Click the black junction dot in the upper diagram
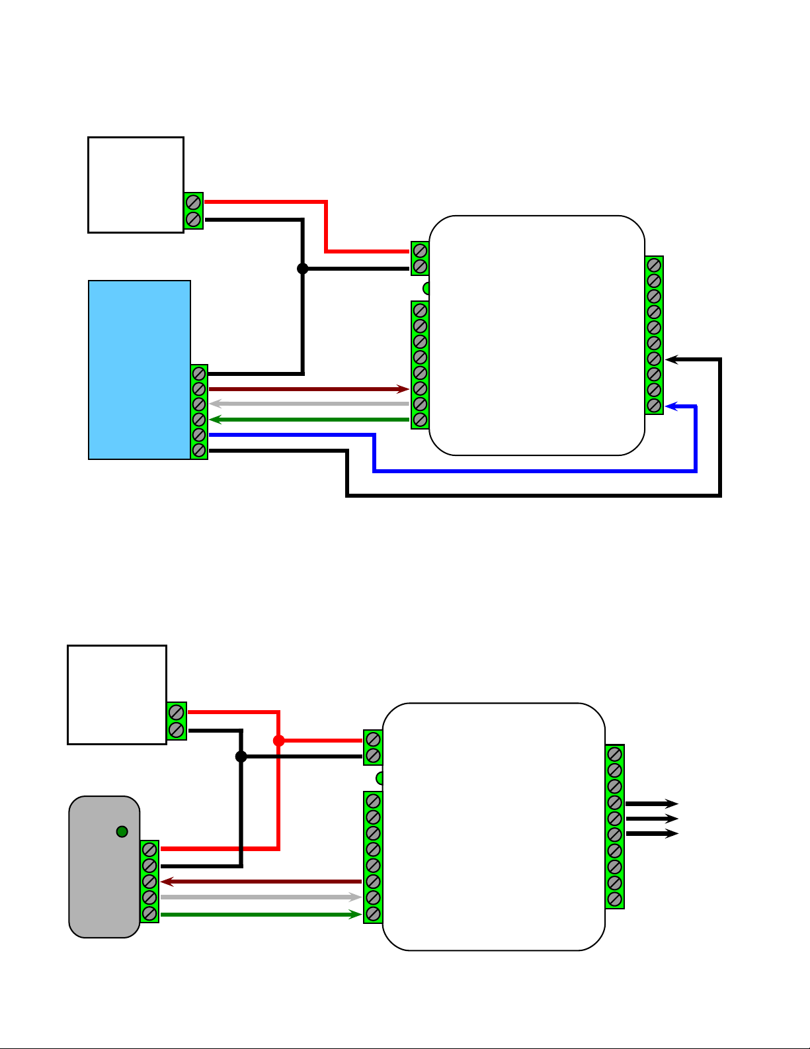coord(302,268)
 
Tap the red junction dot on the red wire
coord(278,741)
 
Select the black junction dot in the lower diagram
coord(241,756)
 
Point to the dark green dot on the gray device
coord(122,832)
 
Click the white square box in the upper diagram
coord(136,185)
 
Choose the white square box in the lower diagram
coord(117,694)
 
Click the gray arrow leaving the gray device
coord(261,897)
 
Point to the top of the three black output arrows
coord(651,803)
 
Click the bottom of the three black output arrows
coord(651,834)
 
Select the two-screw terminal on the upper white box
coord(193,210)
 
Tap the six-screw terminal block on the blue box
coord(199,412)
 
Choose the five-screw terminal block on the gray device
coord(149,881)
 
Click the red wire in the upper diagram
coord(326,225)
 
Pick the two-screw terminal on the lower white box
coord(177,721)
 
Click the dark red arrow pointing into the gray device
coord(261,882)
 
